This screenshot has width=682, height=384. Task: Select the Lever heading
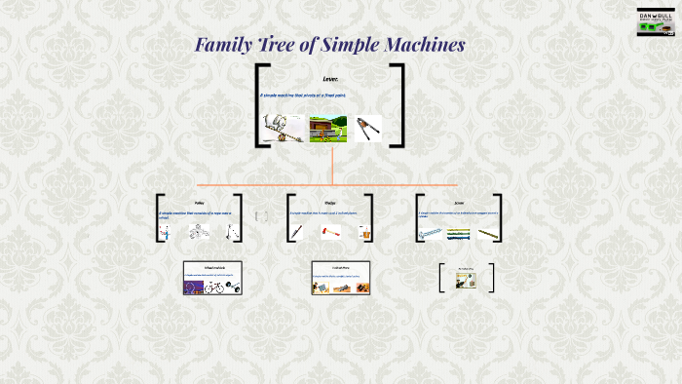330,78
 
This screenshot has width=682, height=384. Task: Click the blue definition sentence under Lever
302,96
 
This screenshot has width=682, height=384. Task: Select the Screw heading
459,202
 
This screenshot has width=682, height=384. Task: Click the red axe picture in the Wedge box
330,233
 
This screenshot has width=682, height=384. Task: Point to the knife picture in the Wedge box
297,233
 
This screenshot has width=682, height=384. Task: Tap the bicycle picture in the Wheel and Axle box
216,288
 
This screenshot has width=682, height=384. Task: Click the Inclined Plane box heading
340,267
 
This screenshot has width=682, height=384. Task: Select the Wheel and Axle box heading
211,267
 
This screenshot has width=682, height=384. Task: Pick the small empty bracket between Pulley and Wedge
261,216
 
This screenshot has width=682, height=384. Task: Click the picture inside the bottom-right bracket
466,281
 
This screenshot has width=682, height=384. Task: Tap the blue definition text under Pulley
195,213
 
